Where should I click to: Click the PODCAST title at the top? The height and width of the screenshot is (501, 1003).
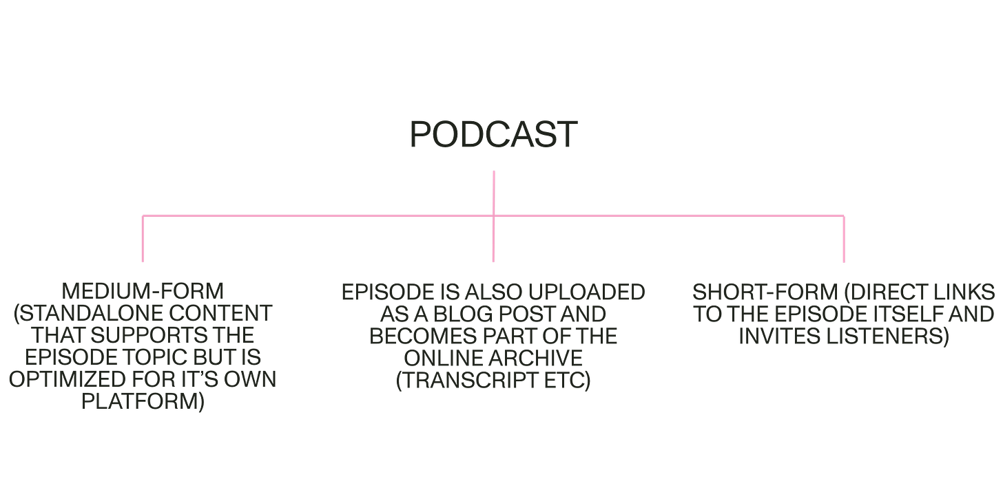click(x=493, y=135)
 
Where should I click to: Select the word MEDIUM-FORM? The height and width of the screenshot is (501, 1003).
click(x=143, y=292)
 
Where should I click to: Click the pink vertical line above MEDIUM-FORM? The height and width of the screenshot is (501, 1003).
click(x=142, y=239)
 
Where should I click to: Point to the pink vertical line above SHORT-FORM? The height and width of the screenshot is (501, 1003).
click(x=844, y=239)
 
